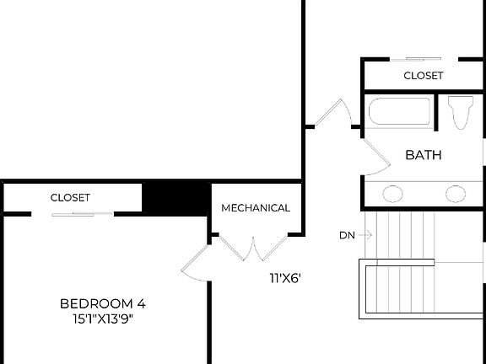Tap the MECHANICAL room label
click(x=256, y=208)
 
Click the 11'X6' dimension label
click(x=285, y=276)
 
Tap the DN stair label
click(x=347, y=236)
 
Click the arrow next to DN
click(x=364, y=236)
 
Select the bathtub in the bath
click(x=399, y=114)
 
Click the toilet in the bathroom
click(x=460, y=112)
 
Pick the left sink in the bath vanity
click(x=393, y=194)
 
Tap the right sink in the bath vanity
click(x=456, y=194)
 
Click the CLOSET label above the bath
click(x=424, y=76)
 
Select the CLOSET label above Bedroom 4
click(x=71, y=198)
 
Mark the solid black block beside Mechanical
click(x=175, y=198)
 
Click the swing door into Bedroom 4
click(x=195, y=264)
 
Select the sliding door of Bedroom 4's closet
click(x=73, y=214)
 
